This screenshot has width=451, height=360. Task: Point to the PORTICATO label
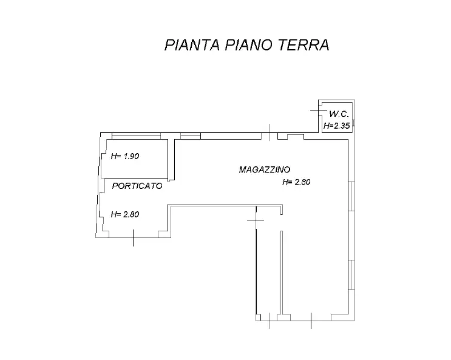137,186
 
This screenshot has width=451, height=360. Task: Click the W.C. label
337,114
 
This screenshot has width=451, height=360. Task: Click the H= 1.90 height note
125,156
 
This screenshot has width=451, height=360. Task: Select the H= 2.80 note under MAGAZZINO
296,182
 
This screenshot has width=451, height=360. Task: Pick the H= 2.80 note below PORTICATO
125,214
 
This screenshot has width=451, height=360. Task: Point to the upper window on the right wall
351,196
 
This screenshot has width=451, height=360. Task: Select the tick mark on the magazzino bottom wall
311,320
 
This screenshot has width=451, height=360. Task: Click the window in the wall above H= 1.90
135,135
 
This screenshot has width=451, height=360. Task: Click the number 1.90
132,156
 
